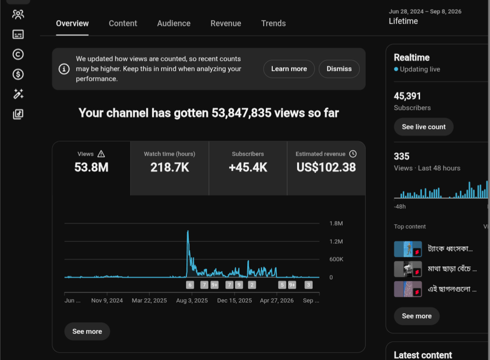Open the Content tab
tap(123, 24)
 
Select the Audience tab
tap(174, 24)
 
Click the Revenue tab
tap(225, 24)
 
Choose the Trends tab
tap(274, 24)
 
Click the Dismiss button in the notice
tap(339, 69)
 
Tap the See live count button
tap(423, 127)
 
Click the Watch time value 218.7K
tap(170, 168)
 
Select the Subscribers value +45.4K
tap(248, 168)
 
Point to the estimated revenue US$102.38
tap(326, 168)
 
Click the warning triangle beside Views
tap(101, 154)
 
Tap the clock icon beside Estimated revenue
tap(353, 154)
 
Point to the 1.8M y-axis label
tap(336, 223)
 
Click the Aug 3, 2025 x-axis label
tap(192, 301)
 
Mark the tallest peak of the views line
tap(188, 231)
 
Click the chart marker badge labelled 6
tap(190, 285)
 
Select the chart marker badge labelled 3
tap(309, 285)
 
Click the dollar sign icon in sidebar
tap(18, 74)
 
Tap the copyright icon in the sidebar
tap(18, 54)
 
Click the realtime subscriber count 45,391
tap(407, 96)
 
